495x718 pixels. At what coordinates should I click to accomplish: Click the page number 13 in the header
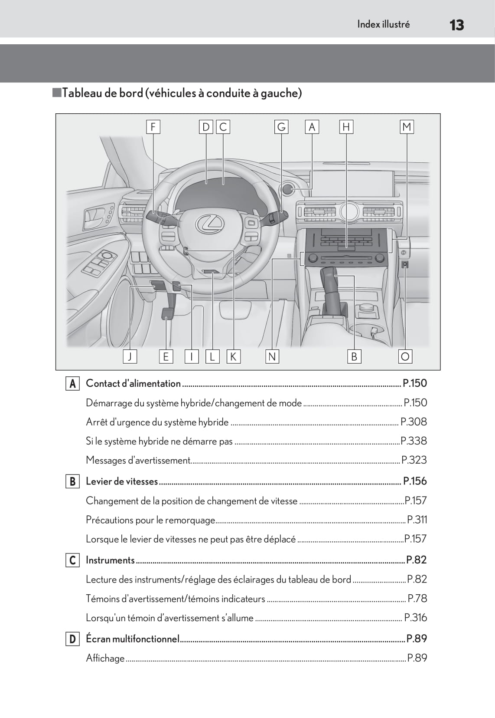click(456, 25)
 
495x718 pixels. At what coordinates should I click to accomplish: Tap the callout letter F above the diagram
click(153, 127)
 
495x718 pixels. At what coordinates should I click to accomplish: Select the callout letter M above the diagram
click(407, 127)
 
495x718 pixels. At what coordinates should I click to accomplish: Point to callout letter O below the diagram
click(405, 356)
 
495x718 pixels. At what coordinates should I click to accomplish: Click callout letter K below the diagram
click(233, 356)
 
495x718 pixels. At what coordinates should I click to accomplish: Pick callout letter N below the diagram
click(272, 356)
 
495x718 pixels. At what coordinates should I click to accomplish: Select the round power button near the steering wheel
click(288, 189)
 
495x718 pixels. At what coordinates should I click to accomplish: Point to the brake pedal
click(166, 313)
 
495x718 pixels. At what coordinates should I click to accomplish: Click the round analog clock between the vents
click(349, 211)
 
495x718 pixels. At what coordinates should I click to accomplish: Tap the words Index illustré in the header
click(383, 24)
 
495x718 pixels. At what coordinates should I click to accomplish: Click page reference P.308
click(414, 422)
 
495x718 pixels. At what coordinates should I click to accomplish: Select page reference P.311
click(417, 520)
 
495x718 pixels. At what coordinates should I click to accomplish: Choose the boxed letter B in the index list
click(72, 481)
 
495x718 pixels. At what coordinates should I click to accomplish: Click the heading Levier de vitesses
click(122, 481)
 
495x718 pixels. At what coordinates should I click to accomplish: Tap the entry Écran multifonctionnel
click(133, 639)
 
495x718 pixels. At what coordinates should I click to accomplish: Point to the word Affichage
click(105, 658)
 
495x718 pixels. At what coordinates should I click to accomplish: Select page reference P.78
click(417, 599)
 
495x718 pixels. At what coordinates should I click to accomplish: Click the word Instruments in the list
click(110, 560)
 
